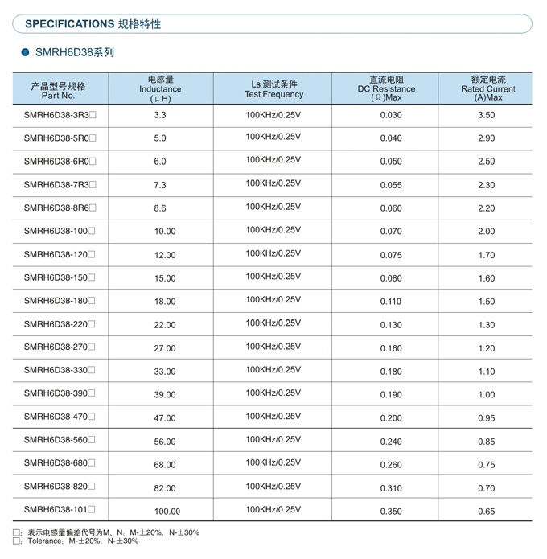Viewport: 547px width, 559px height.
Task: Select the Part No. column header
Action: [x=58, y=89]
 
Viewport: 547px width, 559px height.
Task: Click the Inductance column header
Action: [x=160, y=89]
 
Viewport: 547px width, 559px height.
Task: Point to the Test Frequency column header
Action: [x=273, y=89]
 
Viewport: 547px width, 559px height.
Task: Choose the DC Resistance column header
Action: [x=386, y=88]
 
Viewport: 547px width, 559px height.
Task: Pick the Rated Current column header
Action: [x=487, y=88]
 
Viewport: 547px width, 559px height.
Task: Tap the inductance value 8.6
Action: [x=160, y=208]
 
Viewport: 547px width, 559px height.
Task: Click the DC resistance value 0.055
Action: [x=391, y=185]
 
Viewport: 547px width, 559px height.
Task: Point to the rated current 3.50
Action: [x=486, y=115]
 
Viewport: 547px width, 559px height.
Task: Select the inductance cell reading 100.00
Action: [x=167, y=512]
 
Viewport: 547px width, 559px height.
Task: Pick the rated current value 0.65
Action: [x=486, y=512]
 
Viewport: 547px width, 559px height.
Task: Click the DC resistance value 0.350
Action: [x=391, y=512]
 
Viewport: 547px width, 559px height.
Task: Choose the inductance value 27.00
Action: [x=165, y=348]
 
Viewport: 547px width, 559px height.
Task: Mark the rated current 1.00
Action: [x=486, y=395]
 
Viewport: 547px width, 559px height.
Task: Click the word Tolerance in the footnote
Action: [x=46, y=541]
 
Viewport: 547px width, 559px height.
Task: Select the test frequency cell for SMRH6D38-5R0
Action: [x=273, y=137]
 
